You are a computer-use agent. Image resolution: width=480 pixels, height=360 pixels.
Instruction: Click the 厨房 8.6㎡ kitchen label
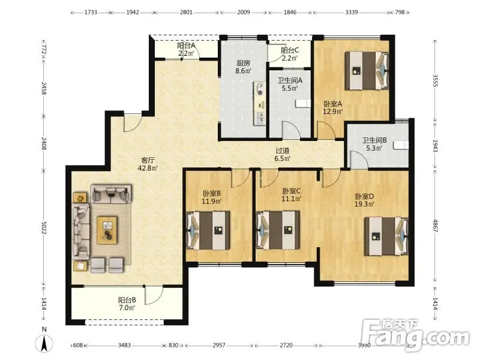tap(244, 67)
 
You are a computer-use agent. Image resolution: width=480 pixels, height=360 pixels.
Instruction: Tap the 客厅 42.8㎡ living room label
tap(148, 164)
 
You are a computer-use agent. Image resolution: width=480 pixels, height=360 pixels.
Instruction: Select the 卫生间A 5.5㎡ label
tap(290, 85)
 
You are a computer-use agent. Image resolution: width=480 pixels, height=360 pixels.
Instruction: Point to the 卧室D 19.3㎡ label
tap(364, 200)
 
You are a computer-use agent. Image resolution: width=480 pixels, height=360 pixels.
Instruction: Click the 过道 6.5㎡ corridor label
tap(282, 155)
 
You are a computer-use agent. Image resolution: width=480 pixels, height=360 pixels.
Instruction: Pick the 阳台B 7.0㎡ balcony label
tap(127, 304)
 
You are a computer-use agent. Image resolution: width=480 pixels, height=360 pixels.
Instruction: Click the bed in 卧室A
tap(367, 71)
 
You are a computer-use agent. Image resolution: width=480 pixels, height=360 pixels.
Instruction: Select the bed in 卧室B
tap(208, 230)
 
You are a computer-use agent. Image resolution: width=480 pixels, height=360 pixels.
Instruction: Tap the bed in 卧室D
tap(386, 236)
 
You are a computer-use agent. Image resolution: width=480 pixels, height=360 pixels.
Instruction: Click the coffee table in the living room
tap(107, 230)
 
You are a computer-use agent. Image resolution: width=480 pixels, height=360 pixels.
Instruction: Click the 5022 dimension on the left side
tap(44, 229)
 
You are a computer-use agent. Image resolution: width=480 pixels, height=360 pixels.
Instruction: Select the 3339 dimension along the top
tap(352, 12)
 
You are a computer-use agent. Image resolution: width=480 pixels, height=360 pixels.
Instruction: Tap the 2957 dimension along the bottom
tap(219, 346)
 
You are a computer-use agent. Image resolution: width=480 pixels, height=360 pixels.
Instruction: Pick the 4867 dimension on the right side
tap(436, 226)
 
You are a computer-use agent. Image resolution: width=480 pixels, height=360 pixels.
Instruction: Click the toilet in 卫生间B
tap(401, 145)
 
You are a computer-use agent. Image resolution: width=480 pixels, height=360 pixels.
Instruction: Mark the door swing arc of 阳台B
tap(157, 299)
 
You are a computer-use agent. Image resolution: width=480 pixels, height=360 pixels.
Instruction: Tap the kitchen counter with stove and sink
tap(259, 103)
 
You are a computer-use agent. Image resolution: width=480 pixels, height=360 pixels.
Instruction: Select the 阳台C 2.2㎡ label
tap(290, 54)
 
